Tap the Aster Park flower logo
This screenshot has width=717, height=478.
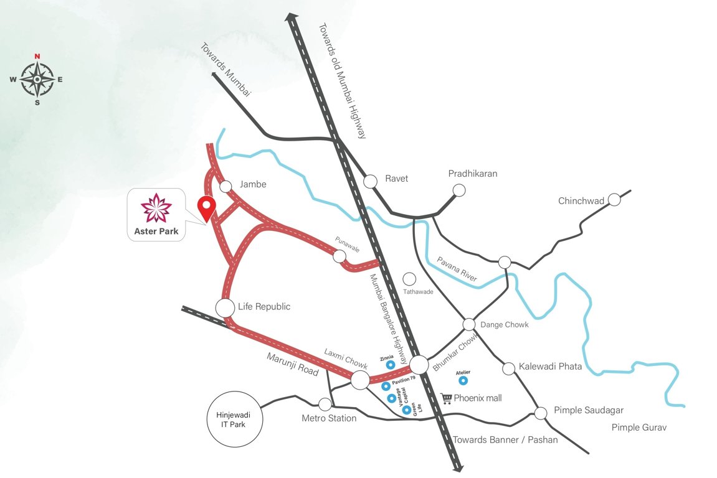tap(156, 208)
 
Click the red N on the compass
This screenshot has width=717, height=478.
tap(37, 57)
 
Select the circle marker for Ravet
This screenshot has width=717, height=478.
tap(371, 180)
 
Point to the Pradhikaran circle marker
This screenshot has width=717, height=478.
tap(459, 190)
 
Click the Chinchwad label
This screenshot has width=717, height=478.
tap(581, 200)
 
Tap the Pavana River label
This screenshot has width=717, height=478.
tap(456, 269)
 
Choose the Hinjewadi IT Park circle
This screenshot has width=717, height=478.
tap(235, 419)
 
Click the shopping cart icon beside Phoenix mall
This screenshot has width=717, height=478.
tap(446, 398)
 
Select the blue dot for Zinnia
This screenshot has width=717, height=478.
tap(391, 365)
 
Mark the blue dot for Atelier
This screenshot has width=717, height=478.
tap(463, 379)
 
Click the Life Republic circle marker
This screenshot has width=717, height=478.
tap(225, 307)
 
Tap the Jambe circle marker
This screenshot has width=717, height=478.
tap(226, 185)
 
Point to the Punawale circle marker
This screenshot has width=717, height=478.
tap(340, 256)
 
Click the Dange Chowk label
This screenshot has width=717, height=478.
tap(504, 324)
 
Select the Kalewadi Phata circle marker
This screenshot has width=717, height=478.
tap(509, 368)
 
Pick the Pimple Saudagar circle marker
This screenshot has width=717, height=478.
tap(541, 412)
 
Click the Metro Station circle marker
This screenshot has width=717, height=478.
tap(325, 404)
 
